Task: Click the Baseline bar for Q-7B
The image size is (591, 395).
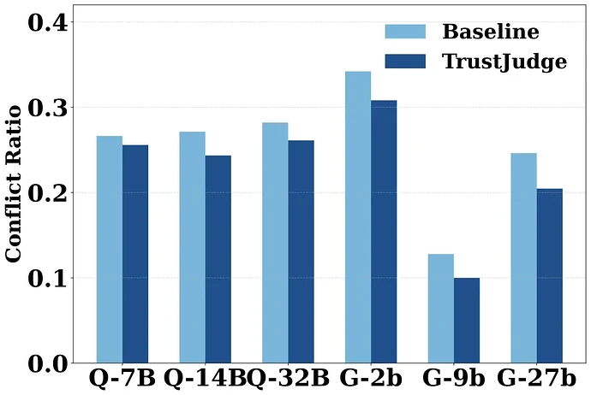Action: [x=110, y=250]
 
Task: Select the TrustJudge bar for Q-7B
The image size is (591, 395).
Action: [x=135, y=254]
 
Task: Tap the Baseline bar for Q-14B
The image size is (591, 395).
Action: [x=193, y=247]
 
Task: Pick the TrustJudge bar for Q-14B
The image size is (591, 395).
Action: [x=218, y=259]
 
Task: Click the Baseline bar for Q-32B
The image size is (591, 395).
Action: [x=275, y=243]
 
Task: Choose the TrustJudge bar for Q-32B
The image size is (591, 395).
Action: [x=301, y=251]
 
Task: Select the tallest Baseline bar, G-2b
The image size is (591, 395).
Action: [x=358, y=217]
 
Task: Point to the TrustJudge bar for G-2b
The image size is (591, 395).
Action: [x=384, y=232]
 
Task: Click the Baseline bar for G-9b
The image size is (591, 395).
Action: [x=440, y=309]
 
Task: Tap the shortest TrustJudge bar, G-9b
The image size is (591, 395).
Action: [x=466, y=321]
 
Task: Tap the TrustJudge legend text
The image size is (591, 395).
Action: [x=504, y=62]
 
